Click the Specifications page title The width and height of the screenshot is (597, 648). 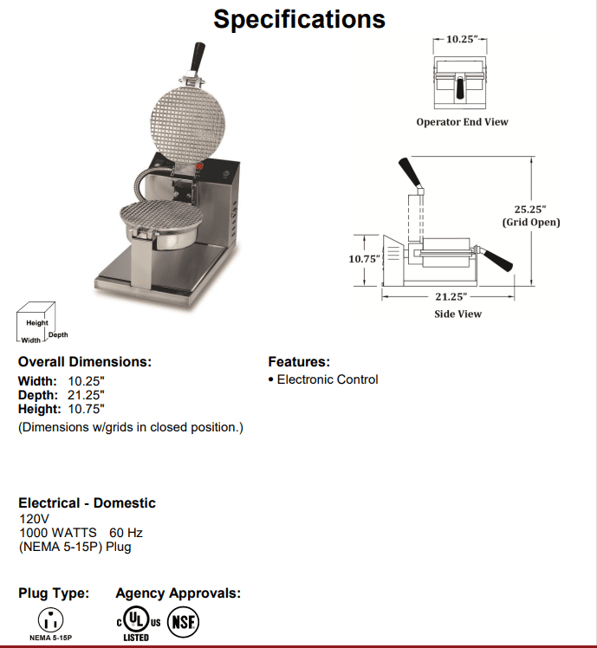[299, 19]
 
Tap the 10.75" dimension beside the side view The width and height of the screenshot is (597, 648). [364, 258]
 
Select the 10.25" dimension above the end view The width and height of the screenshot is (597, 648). [461, 40]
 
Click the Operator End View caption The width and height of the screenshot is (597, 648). [462, 122]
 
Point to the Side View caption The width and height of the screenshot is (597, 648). [457, 314]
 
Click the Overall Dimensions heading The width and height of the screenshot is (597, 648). [85, 362]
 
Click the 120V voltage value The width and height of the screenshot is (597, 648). [34, 519]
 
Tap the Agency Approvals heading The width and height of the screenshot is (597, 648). [178, 593]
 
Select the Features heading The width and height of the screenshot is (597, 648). [299, 362]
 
